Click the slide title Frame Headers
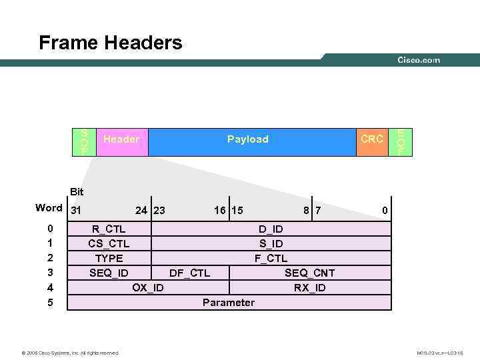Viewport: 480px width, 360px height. [110, 43]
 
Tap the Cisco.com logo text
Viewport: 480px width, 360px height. [419, 60]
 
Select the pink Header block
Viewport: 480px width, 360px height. [121, 139]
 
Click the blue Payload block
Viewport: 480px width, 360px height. [248, 139]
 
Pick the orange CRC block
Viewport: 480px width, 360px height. [371, 139]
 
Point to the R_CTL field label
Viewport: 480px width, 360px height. [109, 229]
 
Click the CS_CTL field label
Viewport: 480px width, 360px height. [109, 244]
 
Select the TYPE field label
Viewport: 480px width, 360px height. [109, 258]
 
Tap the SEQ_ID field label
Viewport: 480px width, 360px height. [109, 273]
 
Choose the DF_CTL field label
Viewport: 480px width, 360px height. [189, 273]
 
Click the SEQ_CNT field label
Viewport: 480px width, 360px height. [310, 273]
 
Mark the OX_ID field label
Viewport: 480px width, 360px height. [148, 287]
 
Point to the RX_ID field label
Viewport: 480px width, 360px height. [310, 287]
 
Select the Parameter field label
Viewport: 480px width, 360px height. [229, 303]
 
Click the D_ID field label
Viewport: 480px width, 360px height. [271, 229]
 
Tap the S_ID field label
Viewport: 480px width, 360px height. [271, 244]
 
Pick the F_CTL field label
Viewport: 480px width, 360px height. [271, 258]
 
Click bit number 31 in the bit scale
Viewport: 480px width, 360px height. [76, 211]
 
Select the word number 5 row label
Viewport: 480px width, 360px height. [51, 303]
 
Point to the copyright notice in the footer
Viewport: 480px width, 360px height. [71, 353]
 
